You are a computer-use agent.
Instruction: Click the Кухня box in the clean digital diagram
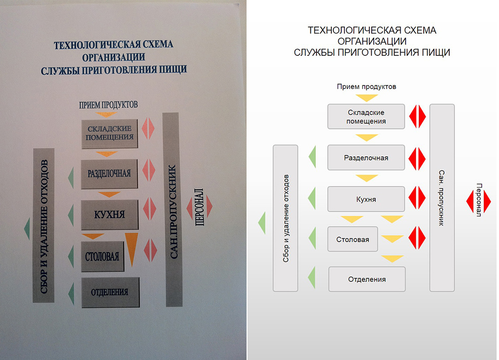coord(366,199)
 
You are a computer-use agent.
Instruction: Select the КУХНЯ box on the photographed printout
coord(109,215)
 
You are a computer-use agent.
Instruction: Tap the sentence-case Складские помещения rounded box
coord(366,116)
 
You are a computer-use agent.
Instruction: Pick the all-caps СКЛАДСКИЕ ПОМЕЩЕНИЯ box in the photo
coord(109,134)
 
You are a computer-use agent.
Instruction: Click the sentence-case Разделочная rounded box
coord(366,158)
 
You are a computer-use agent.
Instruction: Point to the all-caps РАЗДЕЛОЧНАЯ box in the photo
coord(109,174)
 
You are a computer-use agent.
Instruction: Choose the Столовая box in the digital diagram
coord(353,239)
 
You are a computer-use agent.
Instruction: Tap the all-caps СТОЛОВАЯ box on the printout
coord(102,257)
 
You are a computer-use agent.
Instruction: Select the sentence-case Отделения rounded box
coord(367,279)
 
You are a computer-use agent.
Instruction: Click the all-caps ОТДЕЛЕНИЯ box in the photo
coord(110,292)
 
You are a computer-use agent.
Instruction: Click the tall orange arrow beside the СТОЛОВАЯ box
coord(132,249)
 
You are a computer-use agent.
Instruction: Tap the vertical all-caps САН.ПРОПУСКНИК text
coord(173,212)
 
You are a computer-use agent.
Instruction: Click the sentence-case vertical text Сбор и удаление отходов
coord(286,218)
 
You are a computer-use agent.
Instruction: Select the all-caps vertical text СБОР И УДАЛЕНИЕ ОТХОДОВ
coord(43,226)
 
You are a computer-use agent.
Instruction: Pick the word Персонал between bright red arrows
coord(479,200)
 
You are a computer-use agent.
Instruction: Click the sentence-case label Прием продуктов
coord(366,86)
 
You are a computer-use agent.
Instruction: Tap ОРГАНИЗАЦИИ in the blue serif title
coord(114,57)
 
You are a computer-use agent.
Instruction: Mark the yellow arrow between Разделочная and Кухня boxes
coord(367,178)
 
